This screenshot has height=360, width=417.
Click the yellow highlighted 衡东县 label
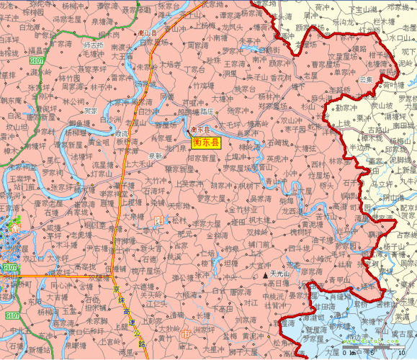coord(207,141)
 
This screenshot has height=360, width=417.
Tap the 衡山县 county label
coord(151,32)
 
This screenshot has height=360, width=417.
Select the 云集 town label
coord(367,78)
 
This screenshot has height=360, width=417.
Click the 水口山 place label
coord(400,35)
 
